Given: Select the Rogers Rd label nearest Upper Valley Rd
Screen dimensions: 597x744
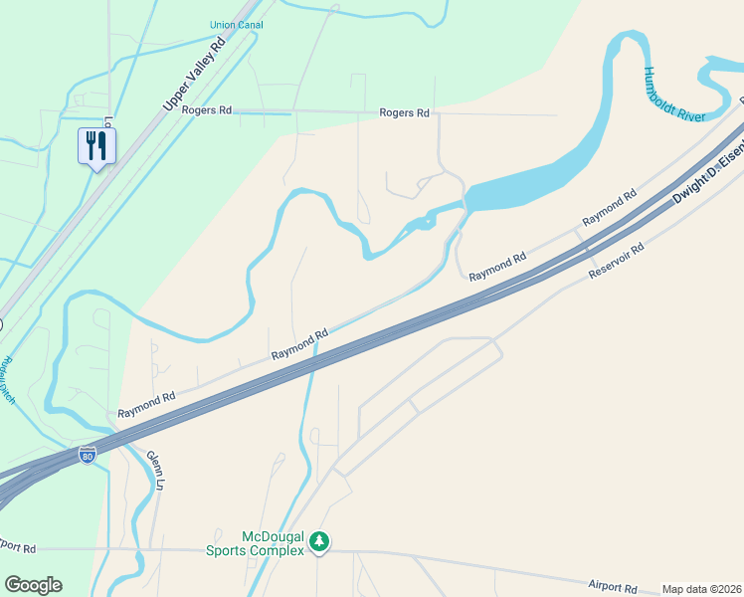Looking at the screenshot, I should (206, 110).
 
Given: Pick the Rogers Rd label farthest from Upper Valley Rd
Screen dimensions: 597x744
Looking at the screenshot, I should (404, 113).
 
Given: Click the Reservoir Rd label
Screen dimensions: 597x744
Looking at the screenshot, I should (617, 259).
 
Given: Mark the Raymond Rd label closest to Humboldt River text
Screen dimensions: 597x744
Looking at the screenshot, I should (609, 207).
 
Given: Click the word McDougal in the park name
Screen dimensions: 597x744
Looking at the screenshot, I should (271, 536).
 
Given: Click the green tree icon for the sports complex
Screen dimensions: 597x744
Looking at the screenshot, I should (318, 542).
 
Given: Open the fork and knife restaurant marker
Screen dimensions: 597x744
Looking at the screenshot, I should (96, 146).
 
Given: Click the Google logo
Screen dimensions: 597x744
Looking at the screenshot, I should (33, 585).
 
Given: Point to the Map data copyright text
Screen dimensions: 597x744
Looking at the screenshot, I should (701, 589).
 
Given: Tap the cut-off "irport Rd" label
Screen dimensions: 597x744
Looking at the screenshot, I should (18, 548).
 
